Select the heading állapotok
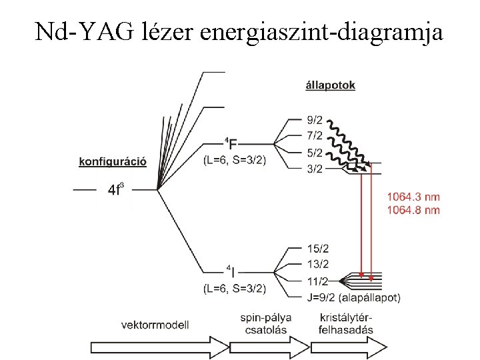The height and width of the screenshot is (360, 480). (330, 85)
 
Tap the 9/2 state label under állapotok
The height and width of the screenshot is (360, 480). (315, 121)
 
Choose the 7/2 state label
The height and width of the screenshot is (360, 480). (315, 136)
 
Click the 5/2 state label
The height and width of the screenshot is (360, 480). (315, 153)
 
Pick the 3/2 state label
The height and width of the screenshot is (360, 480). (315, 169)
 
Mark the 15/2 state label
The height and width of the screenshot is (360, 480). (318, 249)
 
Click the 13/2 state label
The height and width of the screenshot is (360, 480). (318, 265)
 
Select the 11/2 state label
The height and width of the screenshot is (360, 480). (318, 281)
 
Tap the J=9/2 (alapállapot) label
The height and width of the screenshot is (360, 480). (353, 297)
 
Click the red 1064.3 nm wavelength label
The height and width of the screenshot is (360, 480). (413, 197)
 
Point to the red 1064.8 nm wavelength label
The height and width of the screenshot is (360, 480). (413, 210)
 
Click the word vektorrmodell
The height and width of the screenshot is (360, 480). (155, 325)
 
